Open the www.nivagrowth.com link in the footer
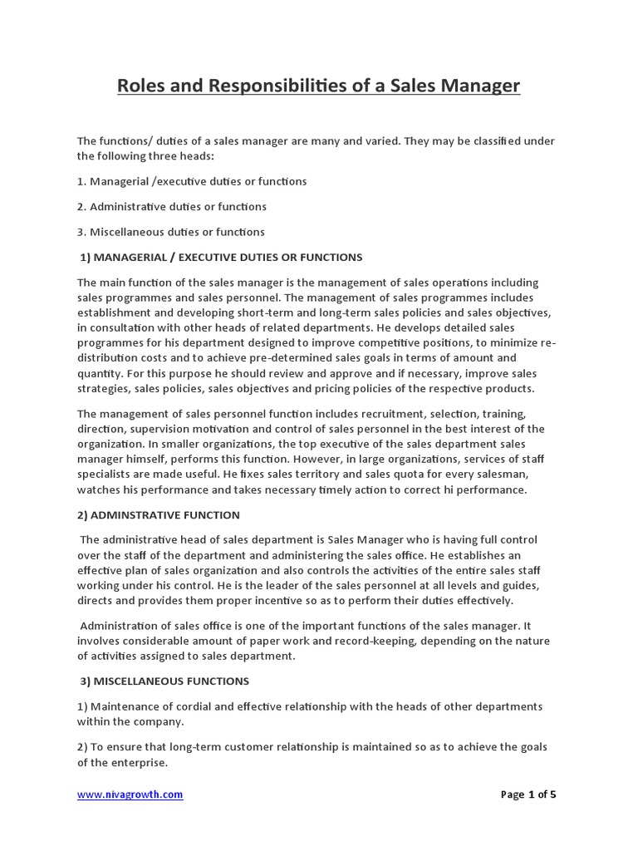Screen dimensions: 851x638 pos(130,794)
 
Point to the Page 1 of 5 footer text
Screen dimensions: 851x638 pos(528,794)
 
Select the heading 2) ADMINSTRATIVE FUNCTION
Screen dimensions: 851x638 pos(159,515)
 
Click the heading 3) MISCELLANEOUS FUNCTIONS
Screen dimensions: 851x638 pos(164,681)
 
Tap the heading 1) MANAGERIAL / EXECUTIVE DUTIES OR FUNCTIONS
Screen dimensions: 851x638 pos(221,257)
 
